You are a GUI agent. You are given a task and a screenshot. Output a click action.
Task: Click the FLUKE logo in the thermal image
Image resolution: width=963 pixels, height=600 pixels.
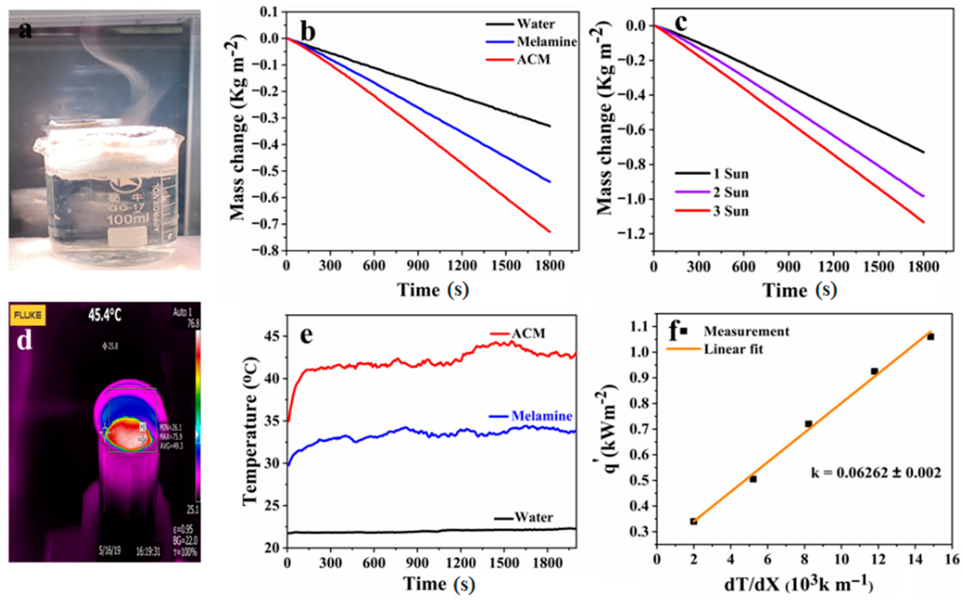click(x=28, y=316)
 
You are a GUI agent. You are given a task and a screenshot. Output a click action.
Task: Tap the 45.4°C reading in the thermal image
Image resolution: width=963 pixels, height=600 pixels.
click(x=105, y=316)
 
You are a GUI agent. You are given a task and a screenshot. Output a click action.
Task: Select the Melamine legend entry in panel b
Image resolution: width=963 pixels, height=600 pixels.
click(x=546, y=42)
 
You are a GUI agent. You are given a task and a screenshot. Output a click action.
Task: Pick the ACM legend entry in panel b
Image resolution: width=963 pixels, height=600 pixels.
click(x=533, y=60)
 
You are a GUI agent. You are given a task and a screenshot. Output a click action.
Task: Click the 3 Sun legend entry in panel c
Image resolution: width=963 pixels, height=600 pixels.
click(x=731, y=211)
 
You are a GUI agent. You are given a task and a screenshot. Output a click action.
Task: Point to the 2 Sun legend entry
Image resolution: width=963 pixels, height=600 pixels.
click(x=731, y=192)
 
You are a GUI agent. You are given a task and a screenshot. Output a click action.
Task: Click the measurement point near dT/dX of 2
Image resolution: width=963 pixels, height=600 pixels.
click(x=694, y=521)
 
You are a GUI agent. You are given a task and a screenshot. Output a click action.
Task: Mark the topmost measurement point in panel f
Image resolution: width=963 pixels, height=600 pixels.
click(x=931, y=337)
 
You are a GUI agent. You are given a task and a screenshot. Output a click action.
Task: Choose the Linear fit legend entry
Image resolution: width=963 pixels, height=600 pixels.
click(x=733, y=349)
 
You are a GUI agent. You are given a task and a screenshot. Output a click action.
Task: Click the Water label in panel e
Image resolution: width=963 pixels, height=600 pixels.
click(x=533, y=517)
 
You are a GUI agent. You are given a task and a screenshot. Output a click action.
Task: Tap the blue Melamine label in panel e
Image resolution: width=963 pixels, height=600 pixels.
click(x=541, y=416)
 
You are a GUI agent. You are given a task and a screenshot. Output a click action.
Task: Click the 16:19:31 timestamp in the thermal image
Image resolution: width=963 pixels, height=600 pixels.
click(x=148, y=551)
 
